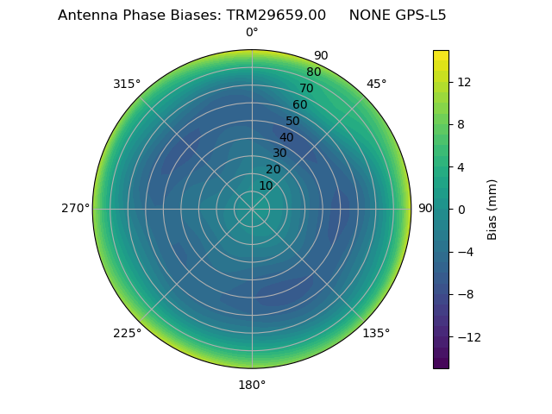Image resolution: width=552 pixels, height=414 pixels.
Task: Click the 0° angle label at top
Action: click(x=252, y=33)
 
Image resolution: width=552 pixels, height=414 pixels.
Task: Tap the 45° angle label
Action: click(x=376, y=84)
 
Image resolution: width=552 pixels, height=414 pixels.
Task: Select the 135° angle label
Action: click(x=376, y=333)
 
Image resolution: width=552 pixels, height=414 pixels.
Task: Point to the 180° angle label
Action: click(x=252, y=385)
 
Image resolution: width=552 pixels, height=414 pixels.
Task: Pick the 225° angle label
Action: click(x=127, y=333)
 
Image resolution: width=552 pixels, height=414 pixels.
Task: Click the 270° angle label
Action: click(x=75, y=208)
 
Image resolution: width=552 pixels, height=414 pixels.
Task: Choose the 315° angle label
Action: click(x=127, y=84)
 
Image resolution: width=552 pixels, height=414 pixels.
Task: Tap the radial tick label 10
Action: click(x=266, y=186)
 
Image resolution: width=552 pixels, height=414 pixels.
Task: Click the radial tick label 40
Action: click(x=286, y=137)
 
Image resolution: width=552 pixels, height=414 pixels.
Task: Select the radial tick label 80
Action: click(x=313, y=72)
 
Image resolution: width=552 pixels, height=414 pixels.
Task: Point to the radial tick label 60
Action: click(x=300, y=105)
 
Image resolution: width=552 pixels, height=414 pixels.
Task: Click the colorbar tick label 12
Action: click(x=463, y=82)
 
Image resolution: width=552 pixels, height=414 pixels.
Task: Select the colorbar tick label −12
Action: click(x=467, y=336)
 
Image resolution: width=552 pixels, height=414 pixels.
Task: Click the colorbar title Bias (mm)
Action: click(x=492, y=209)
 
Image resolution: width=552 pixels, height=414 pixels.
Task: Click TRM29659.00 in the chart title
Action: click(x=276, y=16)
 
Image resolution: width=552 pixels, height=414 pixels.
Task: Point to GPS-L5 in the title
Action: click(x=417, y=16)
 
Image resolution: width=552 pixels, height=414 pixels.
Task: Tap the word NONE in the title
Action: click(x=367, y=16)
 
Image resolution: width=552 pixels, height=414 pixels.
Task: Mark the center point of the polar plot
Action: click(x=252, y=209)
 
